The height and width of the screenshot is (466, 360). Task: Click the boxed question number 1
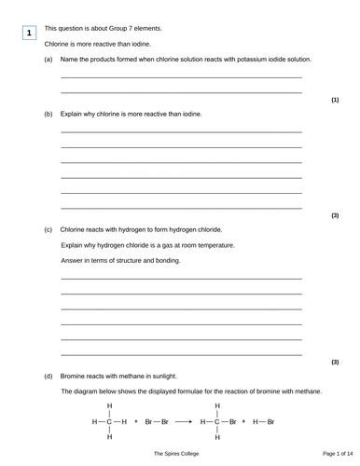tap(29, 34)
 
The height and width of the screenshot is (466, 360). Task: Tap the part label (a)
tap(48, 60)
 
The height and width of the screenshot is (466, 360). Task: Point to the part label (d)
tap(48, 377)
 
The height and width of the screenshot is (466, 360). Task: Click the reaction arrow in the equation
tap(182, 422)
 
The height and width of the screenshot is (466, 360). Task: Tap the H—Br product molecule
tap(264, 422)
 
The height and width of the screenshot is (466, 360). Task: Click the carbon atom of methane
tap(109, 422)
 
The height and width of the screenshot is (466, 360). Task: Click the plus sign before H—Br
tap(243, 422)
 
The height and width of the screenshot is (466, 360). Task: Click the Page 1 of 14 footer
tap(330, 453)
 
